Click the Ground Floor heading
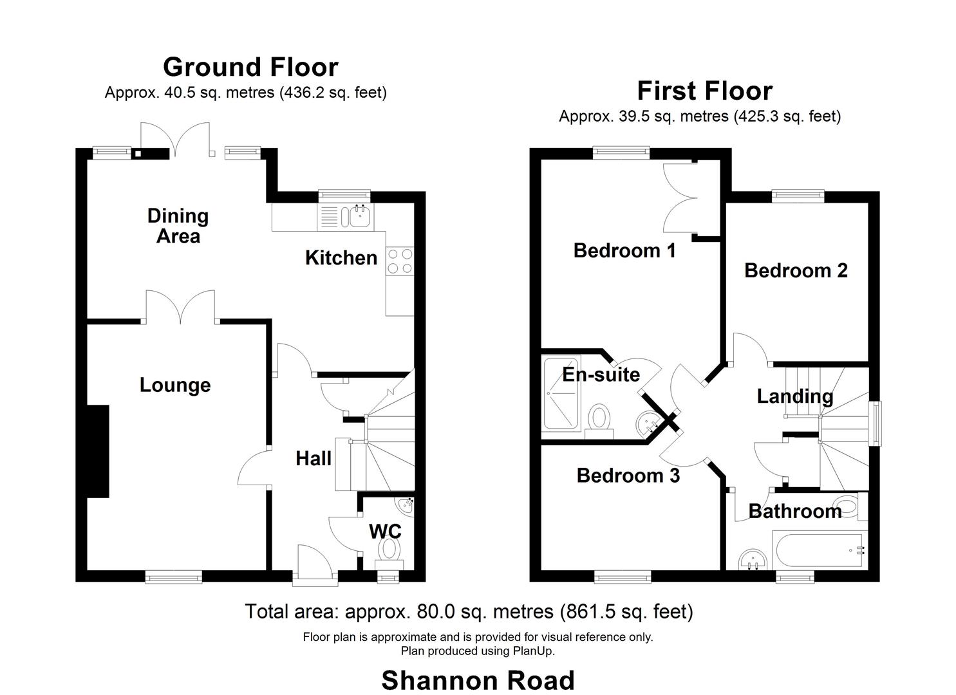(x=250, y=67)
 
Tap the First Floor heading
(x=704, y=91)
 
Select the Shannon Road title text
(x=478, y=680)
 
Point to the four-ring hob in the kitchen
(x=400, y=262)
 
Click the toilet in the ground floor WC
(x=389, y=549)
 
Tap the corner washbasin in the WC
(x=406, y=505)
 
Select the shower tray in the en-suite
(x=561, y=393)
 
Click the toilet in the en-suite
(x=600, y=419)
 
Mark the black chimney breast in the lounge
(x=98, y=451)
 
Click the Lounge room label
(x=175, y=385)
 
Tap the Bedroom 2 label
(x=796, y=270)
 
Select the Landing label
(x=794, y=396)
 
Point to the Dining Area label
(x=178, y=226)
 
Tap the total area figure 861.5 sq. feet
(x=626, y=611)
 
